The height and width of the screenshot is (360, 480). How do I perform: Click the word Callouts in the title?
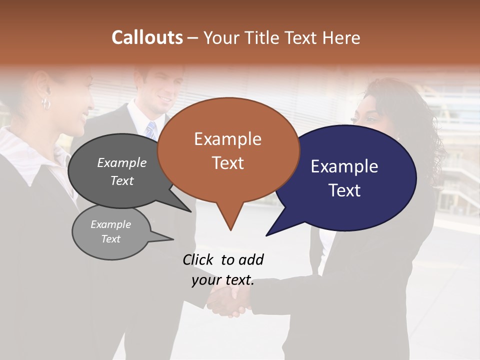147,37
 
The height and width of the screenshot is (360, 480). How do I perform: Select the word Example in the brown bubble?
227,139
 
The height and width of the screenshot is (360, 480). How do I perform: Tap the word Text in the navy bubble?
344,190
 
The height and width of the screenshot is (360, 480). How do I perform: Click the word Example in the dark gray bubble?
121,162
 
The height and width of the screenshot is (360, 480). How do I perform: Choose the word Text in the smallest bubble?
110,239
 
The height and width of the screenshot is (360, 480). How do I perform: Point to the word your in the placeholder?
206,280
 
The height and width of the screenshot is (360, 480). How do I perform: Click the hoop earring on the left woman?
46,103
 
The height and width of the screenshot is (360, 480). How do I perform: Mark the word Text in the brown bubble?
227,163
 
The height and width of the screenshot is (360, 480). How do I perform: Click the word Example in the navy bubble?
344,166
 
